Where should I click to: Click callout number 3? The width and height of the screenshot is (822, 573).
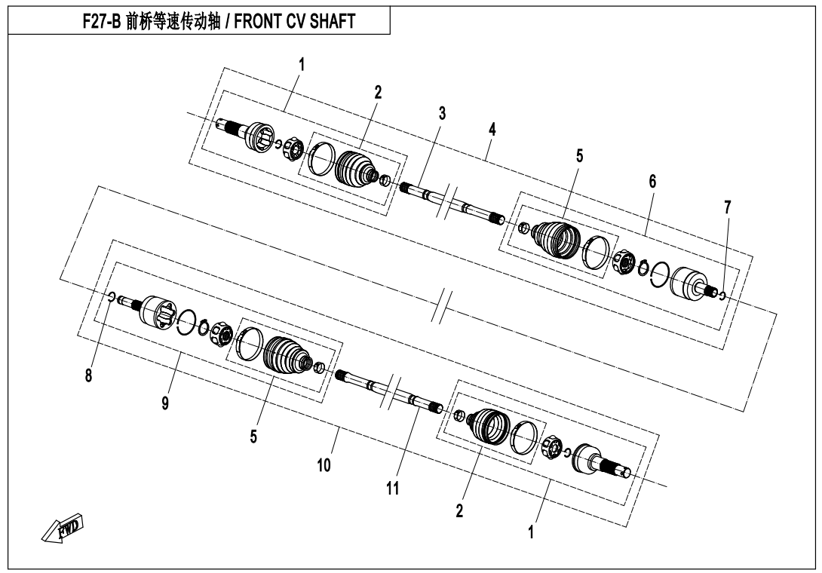point(442,114)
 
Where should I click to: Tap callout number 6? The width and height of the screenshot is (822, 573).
point(652,181)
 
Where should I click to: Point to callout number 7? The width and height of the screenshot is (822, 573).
point(727,207)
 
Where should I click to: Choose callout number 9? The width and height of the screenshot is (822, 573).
point(164,403)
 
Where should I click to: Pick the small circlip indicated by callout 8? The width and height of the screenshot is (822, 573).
point(112,296)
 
